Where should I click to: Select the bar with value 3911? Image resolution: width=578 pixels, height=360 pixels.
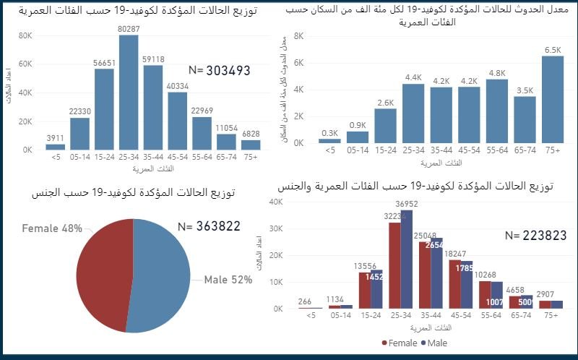coord(55,147)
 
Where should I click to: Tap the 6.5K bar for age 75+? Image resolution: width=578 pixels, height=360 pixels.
coord(552,100)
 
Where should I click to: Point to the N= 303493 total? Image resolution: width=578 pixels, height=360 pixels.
coord(219,70)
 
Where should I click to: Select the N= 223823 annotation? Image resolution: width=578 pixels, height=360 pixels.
coord(535,235)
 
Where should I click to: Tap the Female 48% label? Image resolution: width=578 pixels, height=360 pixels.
coord(52,228)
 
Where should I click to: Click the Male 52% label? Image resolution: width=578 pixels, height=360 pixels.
coord(228,280)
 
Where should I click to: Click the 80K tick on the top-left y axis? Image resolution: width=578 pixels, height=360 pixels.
coord(25,35)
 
